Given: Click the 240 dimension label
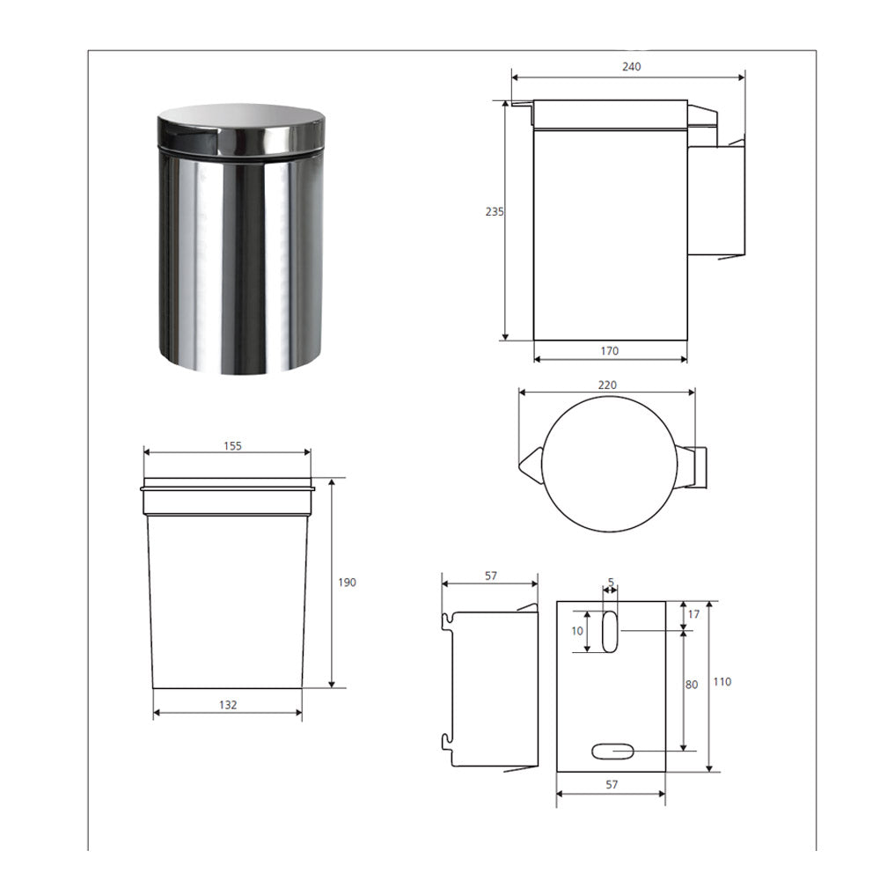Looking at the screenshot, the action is [631, 67].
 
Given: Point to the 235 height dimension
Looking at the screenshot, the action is [495, 211].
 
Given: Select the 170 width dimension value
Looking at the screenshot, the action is [610, 351].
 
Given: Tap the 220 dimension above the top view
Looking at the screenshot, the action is [607, 385].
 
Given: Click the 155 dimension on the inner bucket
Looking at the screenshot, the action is [232, 446].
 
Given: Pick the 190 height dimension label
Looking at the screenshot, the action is [347, 583].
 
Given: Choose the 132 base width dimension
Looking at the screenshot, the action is [228, 705].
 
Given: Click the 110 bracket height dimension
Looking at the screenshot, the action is [722, 682].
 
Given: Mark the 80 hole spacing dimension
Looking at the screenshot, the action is [692, 685].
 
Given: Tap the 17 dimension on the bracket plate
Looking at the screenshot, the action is [693, 614].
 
